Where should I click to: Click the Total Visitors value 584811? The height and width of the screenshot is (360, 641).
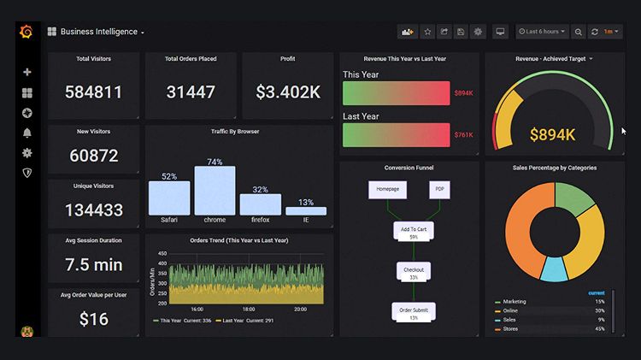[x=93, y=91]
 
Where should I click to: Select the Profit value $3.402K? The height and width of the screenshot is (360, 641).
[x=287, y=91]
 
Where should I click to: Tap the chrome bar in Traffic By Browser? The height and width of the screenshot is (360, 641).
[x=215, y=190]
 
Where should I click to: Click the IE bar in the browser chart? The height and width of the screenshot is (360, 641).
[x=305, y=210]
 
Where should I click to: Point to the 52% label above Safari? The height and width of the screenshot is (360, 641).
[x=169, y=176]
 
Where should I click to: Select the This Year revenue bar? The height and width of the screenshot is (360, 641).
[x=396, y=92]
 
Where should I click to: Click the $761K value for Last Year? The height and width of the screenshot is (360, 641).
[x=463, y=135]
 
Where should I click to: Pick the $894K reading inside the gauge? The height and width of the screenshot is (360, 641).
[x=553, y=134]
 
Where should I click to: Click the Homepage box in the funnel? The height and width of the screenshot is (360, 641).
[x=381, y=190]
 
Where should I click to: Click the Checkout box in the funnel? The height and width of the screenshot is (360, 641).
[x=414, y=272]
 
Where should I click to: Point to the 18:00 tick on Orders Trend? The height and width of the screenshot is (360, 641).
[x=248, y=310]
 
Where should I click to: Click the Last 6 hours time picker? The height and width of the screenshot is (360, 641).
[x=542, y=32]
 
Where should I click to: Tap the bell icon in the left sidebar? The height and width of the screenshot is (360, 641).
[x=27, y=133]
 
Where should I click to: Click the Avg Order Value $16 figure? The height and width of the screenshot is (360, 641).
[x=93, y=319]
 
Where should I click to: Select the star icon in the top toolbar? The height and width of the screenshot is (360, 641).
[x=427, y=32]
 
